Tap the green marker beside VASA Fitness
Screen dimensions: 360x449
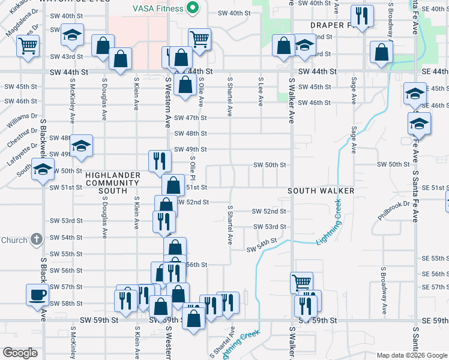click(192, 8)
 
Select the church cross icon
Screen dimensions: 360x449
click(36, 240)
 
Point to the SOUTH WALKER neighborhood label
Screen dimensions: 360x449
click(321, 191)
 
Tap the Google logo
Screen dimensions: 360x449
click(20, 353)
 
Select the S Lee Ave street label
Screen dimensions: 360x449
click(260, 92)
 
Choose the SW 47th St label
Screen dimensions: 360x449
click(190, 118)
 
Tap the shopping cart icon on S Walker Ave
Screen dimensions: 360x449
click(301, 281)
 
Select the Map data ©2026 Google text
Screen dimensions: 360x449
click(412, 355)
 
